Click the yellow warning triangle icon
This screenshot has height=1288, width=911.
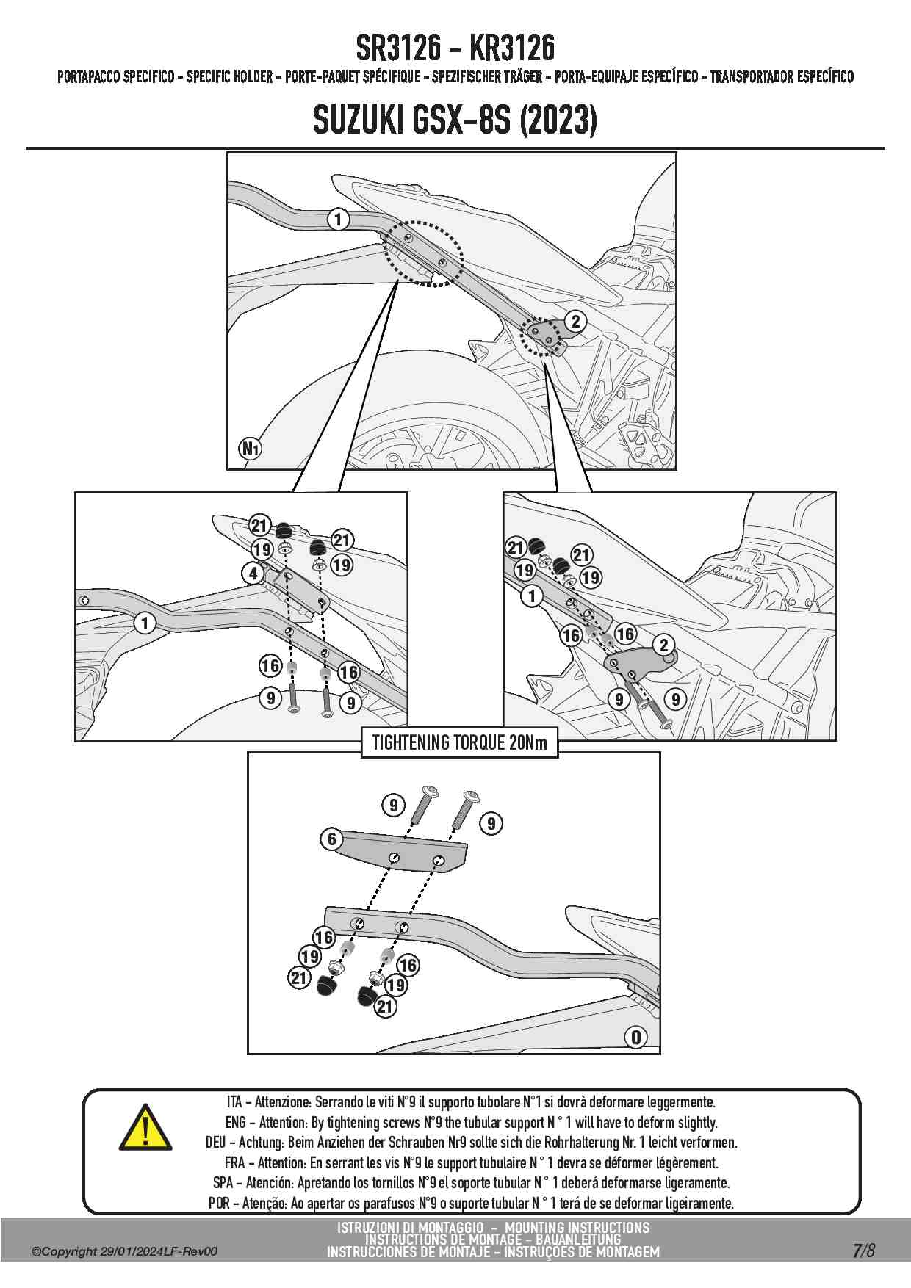(x=145, y=1128)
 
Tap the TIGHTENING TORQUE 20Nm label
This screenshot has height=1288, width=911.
(x=459, y=742)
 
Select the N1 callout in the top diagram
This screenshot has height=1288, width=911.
(x=251, y=448)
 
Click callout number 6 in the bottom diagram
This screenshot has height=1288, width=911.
(x=331, y=839)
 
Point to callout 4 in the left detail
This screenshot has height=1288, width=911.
(x=253, y=573)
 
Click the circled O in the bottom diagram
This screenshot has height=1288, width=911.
(x=635, y=1037)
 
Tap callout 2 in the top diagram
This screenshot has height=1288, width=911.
(x=575, y=321)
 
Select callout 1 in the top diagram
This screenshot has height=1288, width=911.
(x=338, y=219)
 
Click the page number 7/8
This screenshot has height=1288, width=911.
(x=863, y=1251)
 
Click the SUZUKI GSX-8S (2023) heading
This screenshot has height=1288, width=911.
(x=455, y=120)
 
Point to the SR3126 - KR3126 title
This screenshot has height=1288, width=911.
(x=455, y=48)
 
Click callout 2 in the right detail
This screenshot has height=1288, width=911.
(x=664, y=645)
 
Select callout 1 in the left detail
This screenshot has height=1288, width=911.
(x=145, y=623)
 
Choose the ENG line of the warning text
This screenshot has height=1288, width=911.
(x=471, y=1122)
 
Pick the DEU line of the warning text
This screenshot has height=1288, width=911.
(x=471, y=1143)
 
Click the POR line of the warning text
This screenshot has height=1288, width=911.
(x=471, y=1203)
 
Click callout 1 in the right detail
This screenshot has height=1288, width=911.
(x=531, y=596)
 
